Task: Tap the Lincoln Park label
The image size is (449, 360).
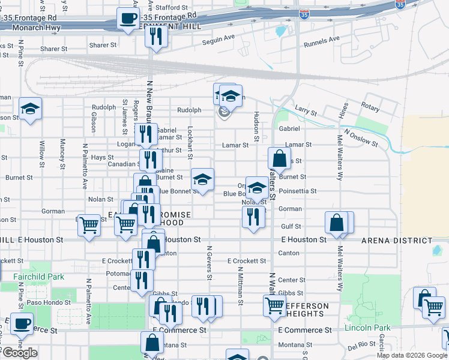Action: pyautogui.click(x=367, y=328)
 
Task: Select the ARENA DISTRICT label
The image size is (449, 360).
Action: pyautogui.click(x=397, y=241)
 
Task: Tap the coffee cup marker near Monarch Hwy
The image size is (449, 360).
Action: pyautogui.click(x=127, y=18)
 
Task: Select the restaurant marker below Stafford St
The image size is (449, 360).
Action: pyautogui.click(x=156, y=37)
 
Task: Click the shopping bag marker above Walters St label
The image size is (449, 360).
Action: pyautogui.click(x=279, y=159)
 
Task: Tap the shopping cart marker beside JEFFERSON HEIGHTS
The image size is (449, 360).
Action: pyautogui.click(x=274, y=305)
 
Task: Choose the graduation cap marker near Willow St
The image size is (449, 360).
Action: pyautogui.click(x=30, y=109)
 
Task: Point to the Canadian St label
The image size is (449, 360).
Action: pyautogui.click(x=123, y=164)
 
